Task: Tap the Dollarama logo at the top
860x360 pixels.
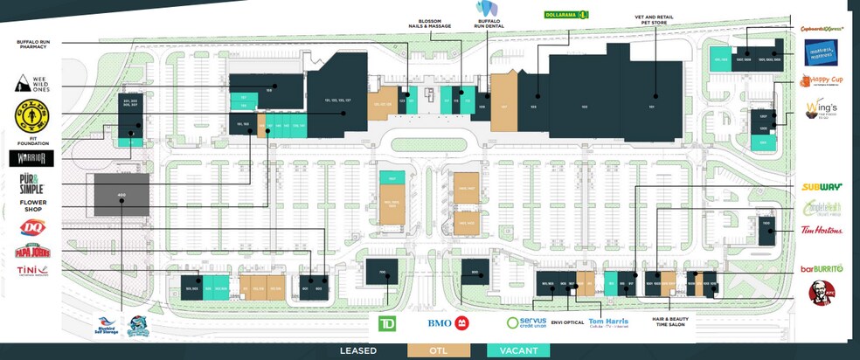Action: click(x=566, y=15)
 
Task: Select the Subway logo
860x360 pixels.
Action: click(x=822, y=187)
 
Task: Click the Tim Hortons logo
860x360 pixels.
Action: click(x=822, y=231)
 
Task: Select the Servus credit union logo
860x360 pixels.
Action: click(x=525, y=322)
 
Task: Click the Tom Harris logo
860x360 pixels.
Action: click(x=608, y=323)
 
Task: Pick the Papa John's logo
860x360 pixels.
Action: click(x=31, y=252)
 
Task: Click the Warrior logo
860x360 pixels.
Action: click(x=31, y=158)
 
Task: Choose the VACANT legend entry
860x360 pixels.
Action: click(x=517, y=350)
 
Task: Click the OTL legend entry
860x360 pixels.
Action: click(x=438, y=350)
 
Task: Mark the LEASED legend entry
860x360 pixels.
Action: click(x=358, y=350)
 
